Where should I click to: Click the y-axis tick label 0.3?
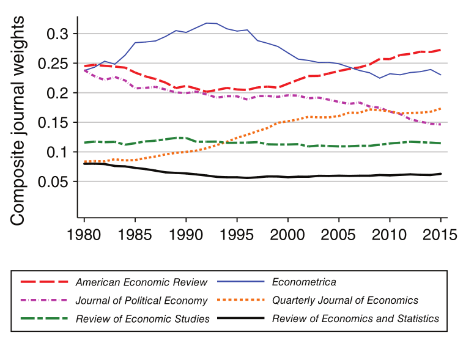coord(59,34)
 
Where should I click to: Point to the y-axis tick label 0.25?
coord(54,63)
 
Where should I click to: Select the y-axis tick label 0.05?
coord(54,182)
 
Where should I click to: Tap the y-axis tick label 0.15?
coord(54,122)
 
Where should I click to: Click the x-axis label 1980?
coord(84,234)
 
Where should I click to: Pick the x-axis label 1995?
coord(237,234)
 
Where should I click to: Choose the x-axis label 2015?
coord(440,234)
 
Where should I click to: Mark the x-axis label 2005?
coord(338,234)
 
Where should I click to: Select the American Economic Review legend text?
coord(141,282)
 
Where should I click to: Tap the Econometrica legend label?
coord(304,282)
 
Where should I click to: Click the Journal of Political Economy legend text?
coord(141,300)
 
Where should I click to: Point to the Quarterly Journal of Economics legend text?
coord(345,300)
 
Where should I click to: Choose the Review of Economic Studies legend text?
coord(143,318)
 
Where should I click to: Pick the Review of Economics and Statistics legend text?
coord(355,318)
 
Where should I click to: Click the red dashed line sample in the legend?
coord(44,282)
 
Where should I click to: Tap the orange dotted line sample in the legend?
coord(240,300)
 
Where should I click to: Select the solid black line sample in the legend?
coord(240,318)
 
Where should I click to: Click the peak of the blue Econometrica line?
coord(208,23)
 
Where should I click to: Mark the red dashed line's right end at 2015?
coord(440,50)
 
